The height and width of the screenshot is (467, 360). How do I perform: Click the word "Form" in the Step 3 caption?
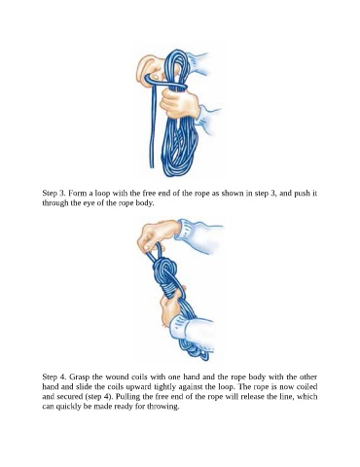77,194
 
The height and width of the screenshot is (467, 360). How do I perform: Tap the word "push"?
302,194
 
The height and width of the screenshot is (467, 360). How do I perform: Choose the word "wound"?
118,377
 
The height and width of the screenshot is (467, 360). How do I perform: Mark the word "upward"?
134,387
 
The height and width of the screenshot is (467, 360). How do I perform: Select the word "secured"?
69,397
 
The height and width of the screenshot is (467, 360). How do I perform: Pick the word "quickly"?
68,407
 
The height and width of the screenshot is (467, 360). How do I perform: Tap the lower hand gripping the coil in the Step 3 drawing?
179,103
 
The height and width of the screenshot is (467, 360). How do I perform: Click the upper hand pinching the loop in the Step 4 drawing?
158,236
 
